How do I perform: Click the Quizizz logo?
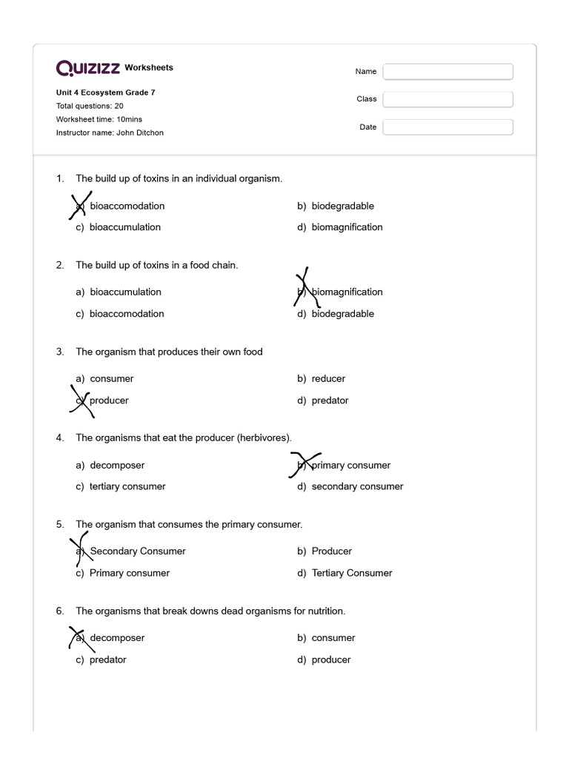pos(88,68)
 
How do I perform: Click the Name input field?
pos(447,71)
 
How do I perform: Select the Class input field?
pos(447,99)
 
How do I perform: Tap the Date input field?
pos(447,127)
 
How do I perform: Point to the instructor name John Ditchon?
pos(110,133)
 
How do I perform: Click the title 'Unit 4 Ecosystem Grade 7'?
pos(106,93)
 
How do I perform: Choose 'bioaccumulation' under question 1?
pos(124,227)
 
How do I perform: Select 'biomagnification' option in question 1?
pos(347,227)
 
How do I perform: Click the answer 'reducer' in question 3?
pos(328,378)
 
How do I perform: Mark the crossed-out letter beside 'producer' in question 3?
pos(81,400)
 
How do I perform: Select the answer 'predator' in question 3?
pos(330,400)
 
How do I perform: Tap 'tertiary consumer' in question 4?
pos(127,486)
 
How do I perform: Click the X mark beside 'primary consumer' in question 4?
pos(304,465)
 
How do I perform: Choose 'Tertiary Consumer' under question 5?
pos(352,573)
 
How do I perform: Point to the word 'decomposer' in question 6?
pos(117,637)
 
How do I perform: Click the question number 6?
pos(60,611)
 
